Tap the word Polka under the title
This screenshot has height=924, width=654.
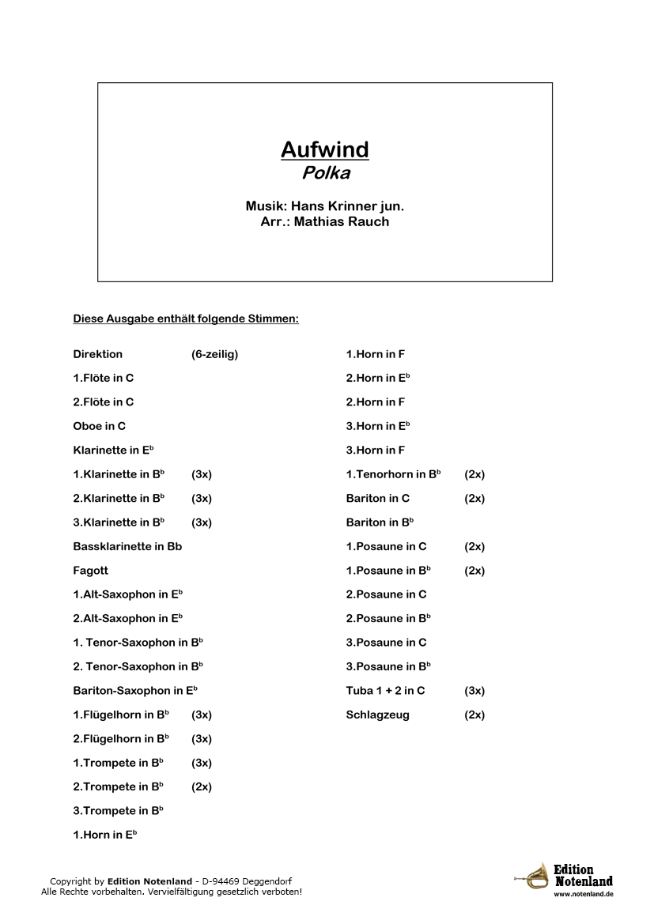[324, 173]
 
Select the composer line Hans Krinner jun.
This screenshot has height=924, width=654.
[324, 206]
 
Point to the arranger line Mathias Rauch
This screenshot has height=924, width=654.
[324, 221]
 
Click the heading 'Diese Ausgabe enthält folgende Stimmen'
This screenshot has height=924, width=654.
[186, 319]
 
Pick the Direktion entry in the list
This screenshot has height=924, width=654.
[97, 354]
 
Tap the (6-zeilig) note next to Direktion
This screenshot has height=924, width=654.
[214, 354]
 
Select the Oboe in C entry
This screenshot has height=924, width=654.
[99, 426]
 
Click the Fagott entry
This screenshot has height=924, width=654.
[90, 570]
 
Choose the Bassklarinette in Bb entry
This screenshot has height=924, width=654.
[127, 546]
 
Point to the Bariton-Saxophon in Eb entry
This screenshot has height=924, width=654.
[134, 690]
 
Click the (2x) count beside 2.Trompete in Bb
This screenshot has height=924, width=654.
[201, 786]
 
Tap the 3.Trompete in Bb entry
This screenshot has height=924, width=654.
[118, 810]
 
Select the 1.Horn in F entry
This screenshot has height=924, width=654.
[375, 354]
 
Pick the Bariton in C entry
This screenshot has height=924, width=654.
[377, 498]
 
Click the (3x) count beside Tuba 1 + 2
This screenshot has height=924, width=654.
[474, 690]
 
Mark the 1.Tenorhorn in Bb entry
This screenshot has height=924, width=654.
[393, 474]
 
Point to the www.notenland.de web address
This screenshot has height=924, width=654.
[584, 894]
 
